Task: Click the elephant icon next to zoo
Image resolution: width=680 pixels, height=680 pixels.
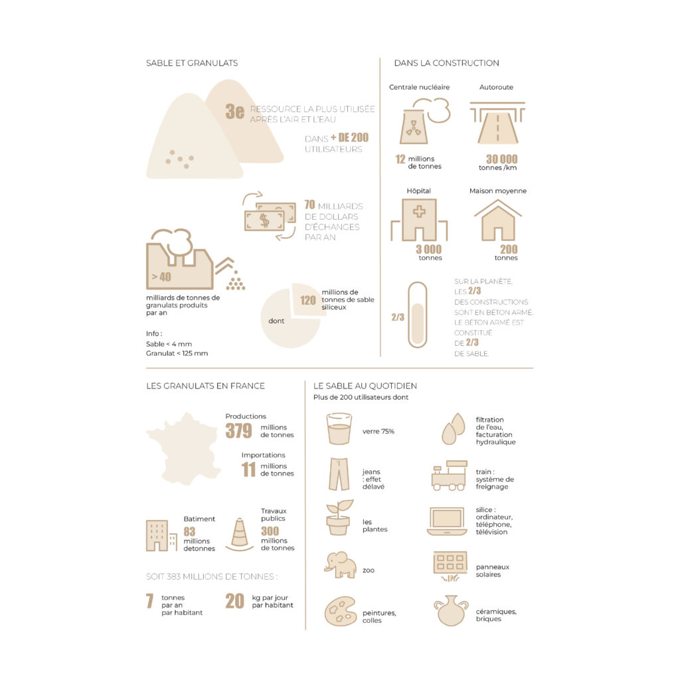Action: [x=340, y=564]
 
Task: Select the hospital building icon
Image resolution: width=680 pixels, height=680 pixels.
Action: [x=419, y=220]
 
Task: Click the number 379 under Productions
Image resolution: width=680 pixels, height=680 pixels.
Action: [x=238, y=430]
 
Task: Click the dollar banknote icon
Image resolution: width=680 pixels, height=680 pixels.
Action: [x=270, y=217]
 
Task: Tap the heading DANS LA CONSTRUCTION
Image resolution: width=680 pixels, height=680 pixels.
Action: [x=446, y=63]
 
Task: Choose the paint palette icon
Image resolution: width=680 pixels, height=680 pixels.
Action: [x=340, y=611]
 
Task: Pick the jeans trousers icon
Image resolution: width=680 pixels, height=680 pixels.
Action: [x=339, y=474]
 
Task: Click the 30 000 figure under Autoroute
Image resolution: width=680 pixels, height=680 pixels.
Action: [x=501, y=159]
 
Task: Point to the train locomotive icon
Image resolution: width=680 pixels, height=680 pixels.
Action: [x=449, y=475]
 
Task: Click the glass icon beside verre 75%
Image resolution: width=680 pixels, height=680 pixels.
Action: [x=339, y=429]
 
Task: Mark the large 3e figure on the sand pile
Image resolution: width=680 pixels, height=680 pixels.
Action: [x=234, y=112]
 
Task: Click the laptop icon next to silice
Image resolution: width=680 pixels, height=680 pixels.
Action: [x=447, y=521]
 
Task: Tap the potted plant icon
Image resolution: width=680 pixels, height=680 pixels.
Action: [x=338, y=518]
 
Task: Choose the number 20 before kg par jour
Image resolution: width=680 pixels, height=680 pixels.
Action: [x=234, y=601]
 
